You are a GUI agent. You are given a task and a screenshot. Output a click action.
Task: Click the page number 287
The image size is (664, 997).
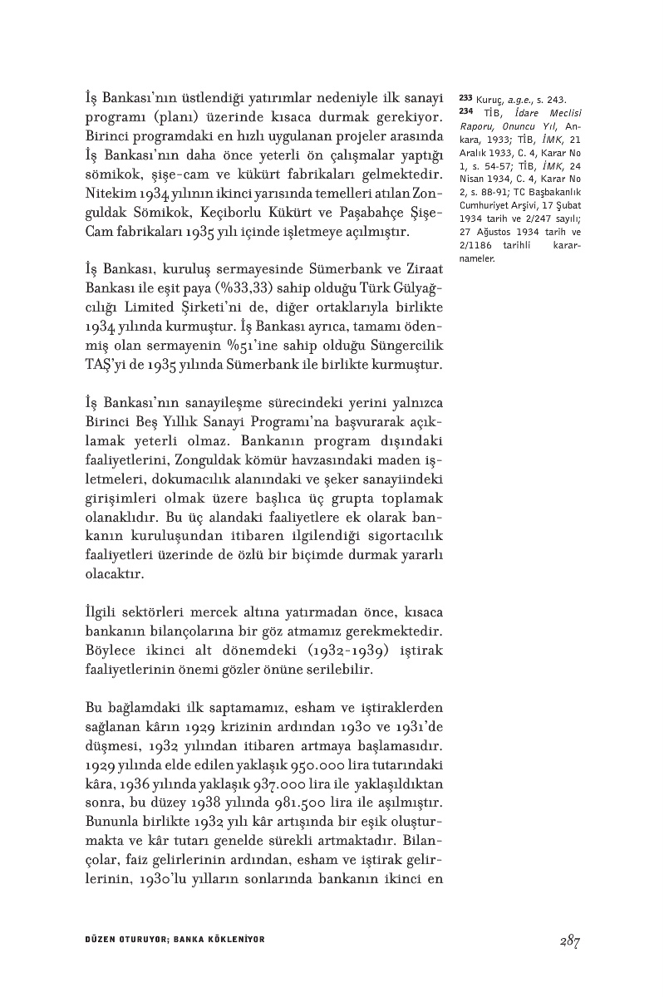(x=568, y=941)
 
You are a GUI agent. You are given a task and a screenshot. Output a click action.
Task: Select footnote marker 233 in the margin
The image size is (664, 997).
(x=465, y=97)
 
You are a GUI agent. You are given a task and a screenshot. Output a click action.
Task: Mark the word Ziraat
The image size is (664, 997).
(x=426, y=268)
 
